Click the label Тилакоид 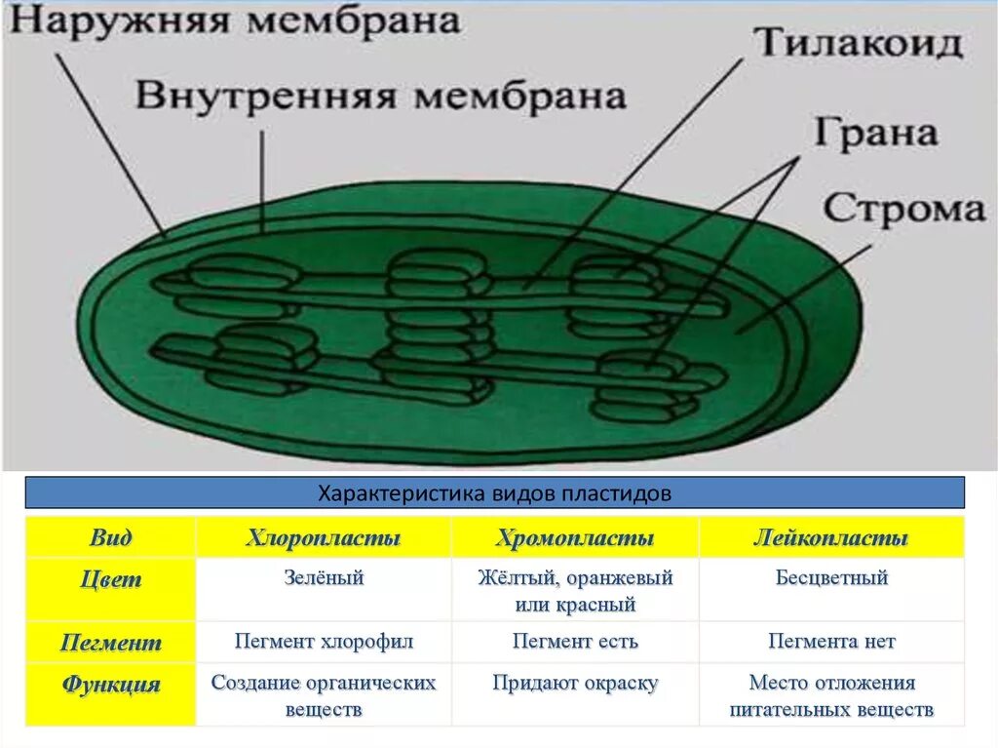click(859, 43)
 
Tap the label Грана click(874, 134)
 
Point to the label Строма click(903, 208)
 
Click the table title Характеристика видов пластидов click(495, 493)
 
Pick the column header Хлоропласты click(324, 538)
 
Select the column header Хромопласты click(575, 538)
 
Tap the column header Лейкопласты click(831, 538)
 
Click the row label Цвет click(110, 579)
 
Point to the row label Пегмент click(110, 643)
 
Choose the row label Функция click(110, 684)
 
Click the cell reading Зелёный click(324, 578)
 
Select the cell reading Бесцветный click(831, 578)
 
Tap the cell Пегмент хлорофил click(324, 642)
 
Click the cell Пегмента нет click(831, 642)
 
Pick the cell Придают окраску click(575, 684)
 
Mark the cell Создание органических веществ click(324, 695)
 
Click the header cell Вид click(110, 538)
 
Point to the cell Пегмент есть click(575, 642)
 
